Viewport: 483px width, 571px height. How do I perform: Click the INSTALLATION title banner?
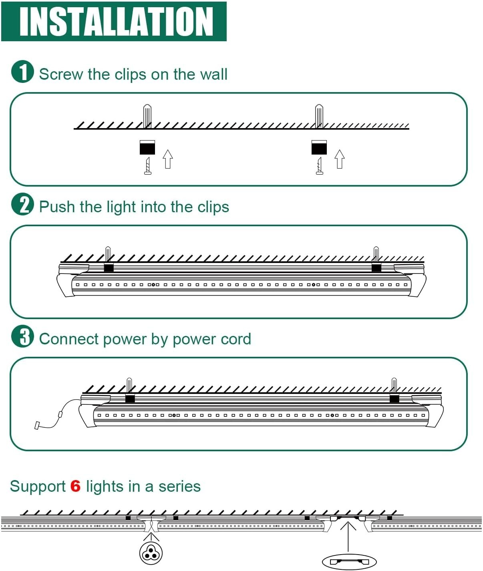tap(114, 21)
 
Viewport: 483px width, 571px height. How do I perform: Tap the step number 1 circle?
tap(22, 72)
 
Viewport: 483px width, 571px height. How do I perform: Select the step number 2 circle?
tap(22, 204)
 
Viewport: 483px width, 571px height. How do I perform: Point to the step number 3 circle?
tap(22, 336)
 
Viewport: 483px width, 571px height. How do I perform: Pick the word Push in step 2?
tap(57, 207)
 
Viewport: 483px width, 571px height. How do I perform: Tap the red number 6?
tap(75, 487)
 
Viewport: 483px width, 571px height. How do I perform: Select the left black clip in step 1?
tap(147, 147)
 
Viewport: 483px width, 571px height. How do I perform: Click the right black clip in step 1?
tap(319, 147)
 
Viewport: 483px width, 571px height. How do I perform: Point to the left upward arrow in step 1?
tap(168, 159)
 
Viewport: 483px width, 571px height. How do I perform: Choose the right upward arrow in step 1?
tap(340, 159)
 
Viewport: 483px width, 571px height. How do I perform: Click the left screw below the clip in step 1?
tap(148, 166)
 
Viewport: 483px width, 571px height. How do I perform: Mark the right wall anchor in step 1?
tap(319, 116)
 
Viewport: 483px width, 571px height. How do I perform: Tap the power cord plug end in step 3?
tap(37, 425)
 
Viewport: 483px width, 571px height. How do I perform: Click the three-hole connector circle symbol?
tap(151, 553)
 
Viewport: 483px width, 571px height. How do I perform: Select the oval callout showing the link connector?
tap(349, 561)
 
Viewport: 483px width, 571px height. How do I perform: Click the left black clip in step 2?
tap(109, 267)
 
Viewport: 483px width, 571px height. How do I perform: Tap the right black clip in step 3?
tap(394, 398)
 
